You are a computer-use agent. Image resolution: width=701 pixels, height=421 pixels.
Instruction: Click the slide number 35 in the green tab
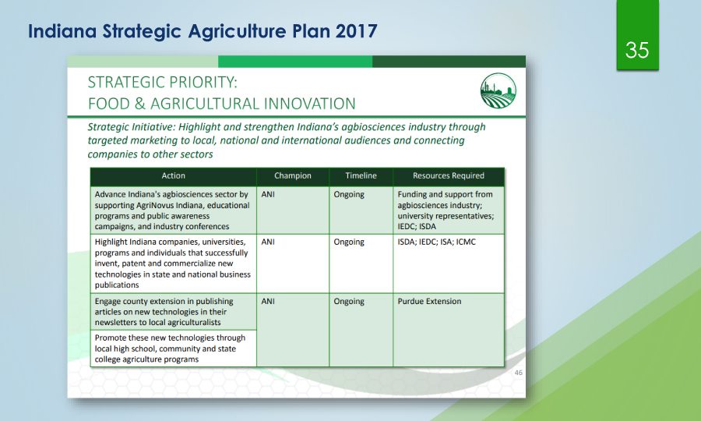tap(637, 50)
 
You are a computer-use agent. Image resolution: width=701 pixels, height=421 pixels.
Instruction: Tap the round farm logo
tap(498, 90)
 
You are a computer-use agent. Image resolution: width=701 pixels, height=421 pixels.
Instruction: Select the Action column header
tap(174, 176)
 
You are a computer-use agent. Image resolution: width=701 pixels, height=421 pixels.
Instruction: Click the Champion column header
tap(293, 176)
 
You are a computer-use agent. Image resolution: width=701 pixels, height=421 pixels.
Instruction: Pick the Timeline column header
tap(361, 176)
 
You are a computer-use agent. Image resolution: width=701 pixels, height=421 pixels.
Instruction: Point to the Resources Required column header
tap(449, 176)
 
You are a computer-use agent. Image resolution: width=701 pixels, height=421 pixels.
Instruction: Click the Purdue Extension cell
tap(430, 301)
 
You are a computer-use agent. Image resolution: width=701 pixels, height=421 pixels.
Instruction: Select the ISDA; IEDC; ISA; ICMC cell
tap(437, 242)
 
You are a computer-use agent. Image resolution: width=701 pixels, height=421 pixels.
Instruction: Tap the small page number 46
tap(518, 372)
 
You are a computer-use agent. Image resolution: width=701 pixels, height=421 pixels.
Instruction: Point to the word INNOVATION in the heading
tap(309, 104)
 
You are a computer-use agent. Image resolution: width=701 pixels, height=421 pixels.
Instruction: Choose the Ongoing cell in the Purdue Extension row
tap(349, 301)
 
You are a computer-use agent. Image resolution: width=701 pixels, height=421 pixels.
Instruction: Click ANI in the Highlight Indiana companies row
tap(268, 242)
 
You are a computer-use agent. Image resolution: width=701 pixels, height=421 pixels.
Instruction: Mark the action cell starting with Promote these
tap(174, 348)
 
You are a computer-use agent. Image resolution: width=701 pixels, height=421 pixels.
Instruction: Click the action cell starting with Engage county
tap(174, 312)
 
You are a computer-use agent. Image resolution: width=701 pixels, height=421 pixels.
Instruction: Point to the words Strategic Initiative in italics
tap(131, 127)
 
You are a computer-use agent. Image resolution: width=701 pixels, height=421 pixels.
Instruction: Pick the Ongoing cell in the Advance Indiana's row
tap(349, 194)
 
